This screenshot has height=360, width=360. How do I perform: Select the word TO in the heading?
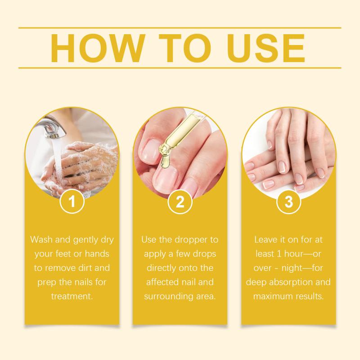tap(185, 48)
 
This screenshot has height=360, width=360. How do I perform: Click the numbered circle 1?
tap(72, 201)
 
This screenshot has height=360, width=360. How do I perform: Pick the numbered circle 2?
tap(180, 201)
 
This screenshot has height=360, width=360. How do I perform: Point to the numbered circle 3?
tap(288, 201)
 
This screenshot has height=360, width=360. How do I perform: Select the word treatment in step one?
tap(72, 296)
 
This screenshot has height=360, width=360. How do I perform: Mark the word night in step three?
tap(292, 268)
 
